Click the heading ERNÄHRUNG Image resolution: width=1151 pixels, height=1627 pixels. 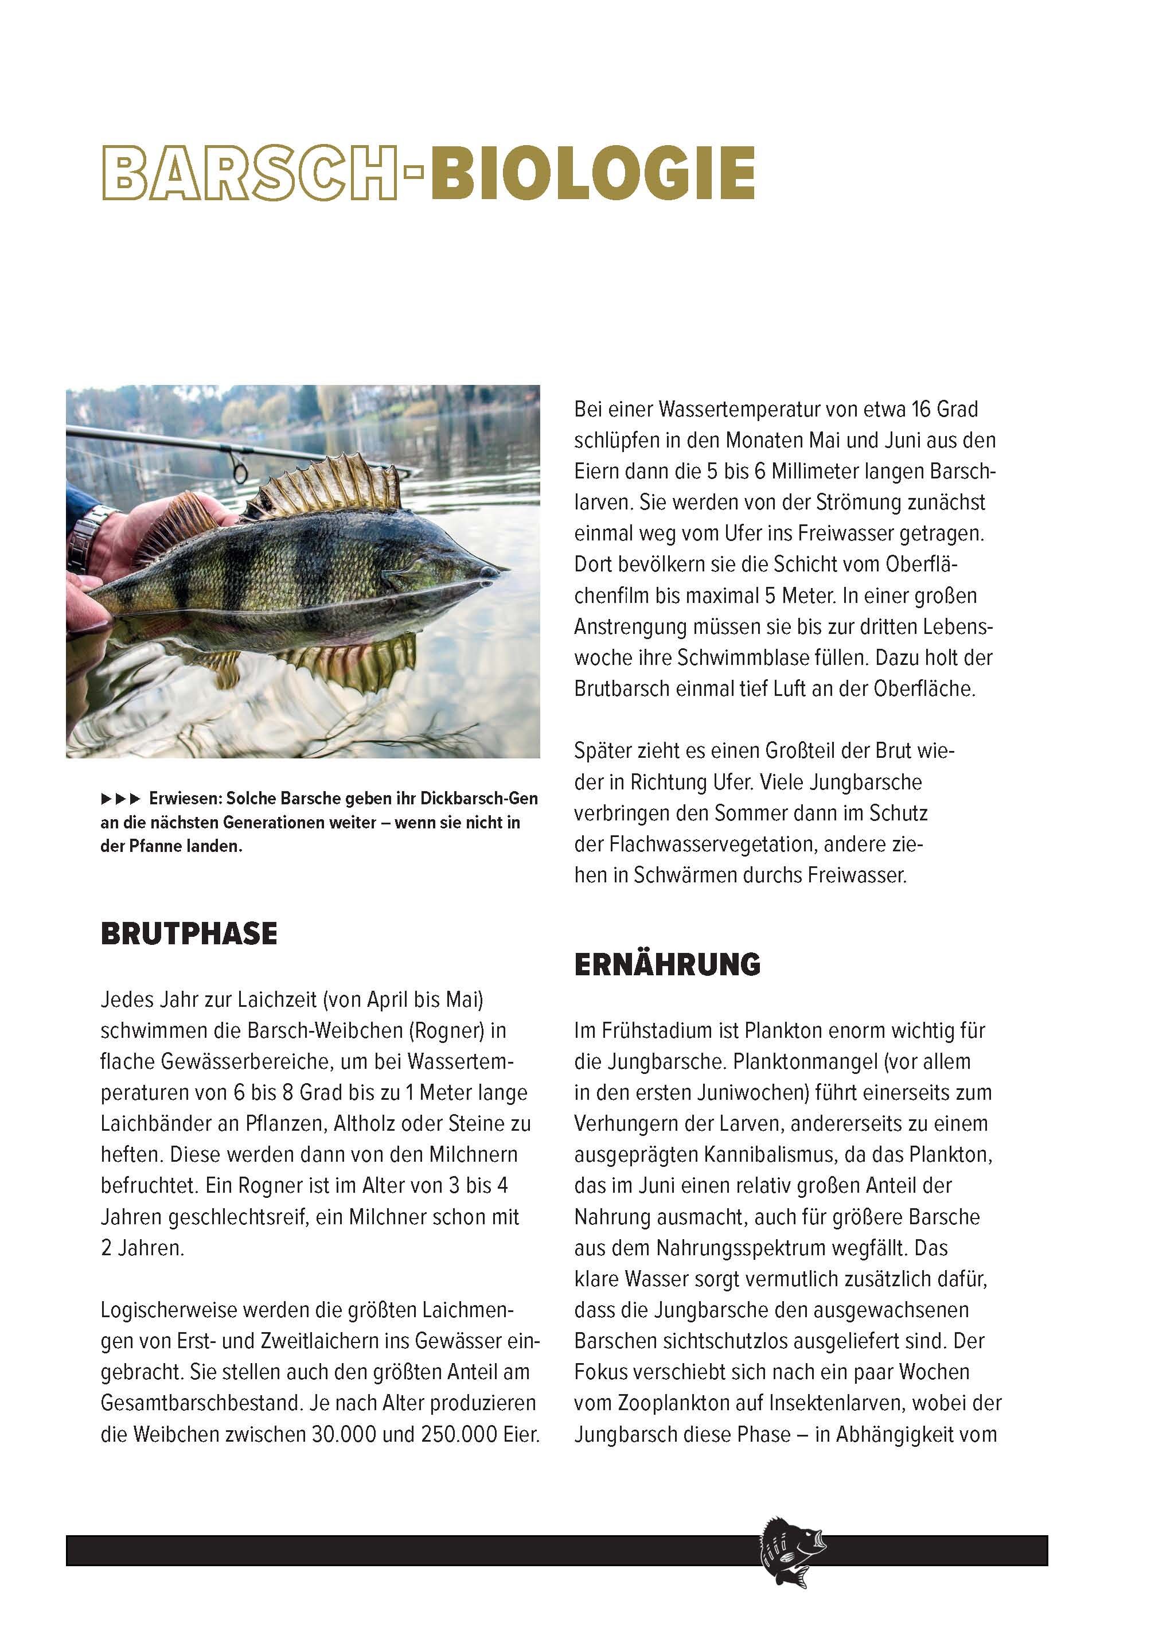[667, 964]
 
